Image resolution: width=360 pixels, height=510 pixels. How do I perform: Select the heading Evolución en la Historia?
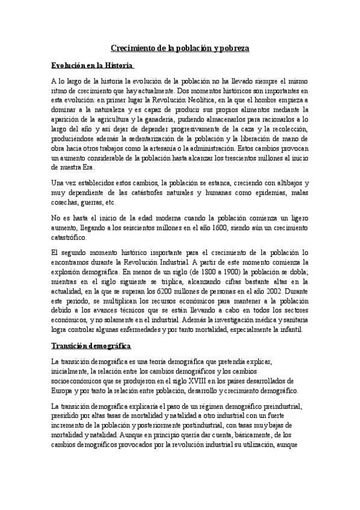(x=92, y=65)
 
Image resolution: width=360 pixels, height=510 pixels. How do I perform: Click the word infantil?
(x=293, y=329)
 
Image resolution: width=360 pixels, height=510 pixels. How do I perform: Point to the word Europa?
(x=63, y=391)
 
